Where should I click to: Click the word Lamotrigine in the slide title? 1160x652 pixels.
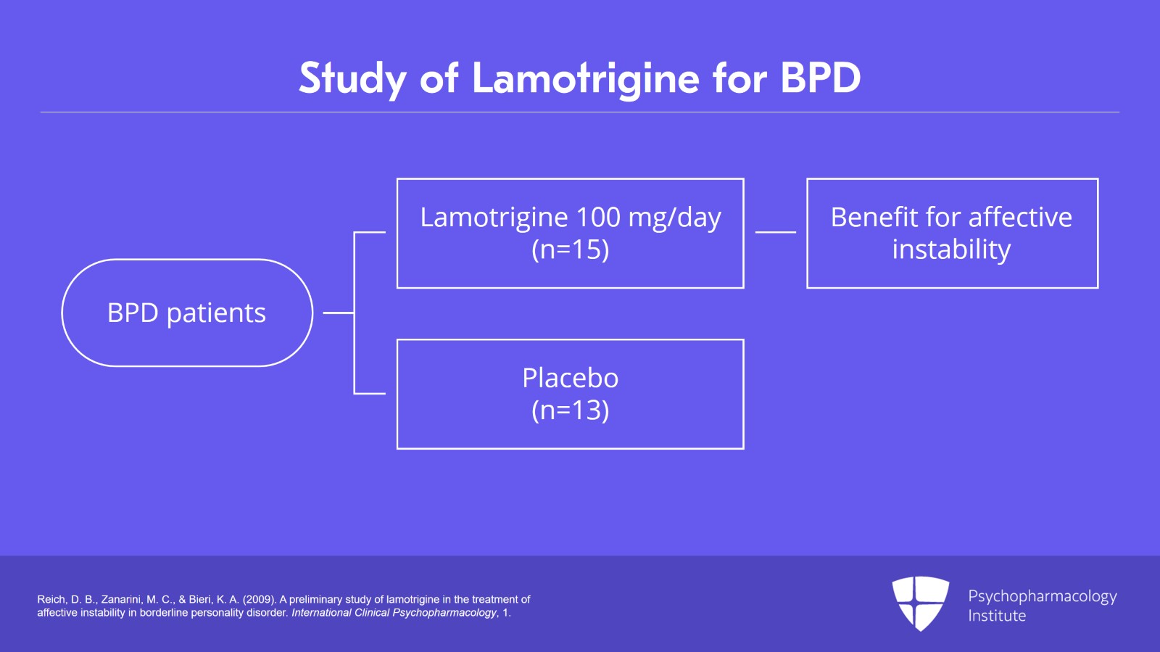click(585, 78)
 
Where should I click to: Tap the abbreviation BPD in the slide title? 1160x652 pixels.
click(820, 78)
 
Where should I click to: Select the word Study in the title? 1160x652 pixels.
click(353, 78)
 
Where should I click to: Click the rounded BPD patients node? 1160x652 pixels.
click(187, 313)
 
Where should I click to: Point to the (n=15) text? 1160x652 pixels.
click(570, 249)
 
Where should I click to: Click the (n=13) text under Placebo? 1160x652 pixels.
click(570, 410)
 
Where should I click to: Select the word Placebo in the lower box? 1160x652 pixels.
click(570, 378)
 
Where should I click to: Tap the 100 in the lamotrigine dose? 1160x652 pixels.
click(598, 217)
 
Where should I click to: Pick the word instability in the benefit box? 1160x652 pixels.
click(951, 249)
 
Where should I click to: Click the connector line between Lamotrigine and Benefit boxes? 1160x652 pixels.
click(775, 232)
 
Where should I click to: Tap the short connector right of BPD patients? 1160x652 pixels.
click(337, 313)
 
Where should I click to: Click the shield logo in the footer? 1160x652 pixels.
click(920, 602)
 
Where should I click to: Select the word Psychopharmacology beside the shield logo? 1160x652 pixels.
click(1042, 596)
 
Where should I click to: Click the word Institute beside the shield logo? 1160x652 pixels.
click(997, 616)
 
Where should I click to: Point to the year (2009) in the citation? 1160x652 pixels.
click(260, 600)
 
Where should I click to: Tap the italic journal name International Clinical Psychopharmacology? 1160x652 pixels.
click(394, 613)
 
